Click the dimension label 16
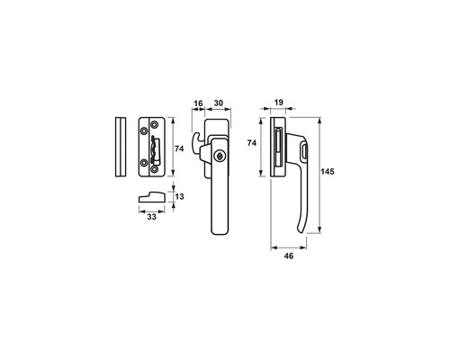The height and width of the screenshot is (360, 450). [x=198, y=103]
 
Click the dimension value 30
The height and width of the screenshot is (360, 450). [x=219, y=103]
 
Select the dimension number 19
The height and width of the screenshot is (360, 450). [x=279, y=103]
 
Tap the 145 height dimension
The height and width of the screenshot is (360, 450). [x=328, y=172]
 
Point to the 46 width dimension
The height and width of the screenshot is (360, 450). [x=289, y=256]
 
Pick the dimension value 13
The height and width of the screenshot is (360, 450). [x=179, y=197]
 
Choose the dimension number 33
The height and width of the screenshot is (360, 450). [x=152, y=217]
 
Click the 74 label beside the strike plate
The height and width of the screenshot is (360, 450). [x=179, y=148]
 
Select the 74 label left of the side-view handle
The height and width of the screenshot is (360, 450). [x=252, y=143]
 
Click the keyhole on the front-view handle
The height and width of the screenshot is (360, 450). [x=220, y=156]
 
